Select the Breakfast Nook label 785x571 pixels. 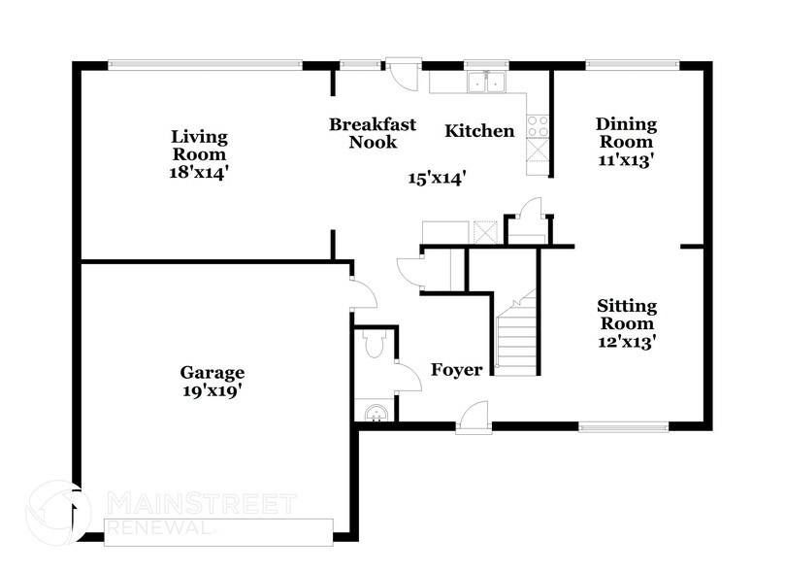pos(373,133)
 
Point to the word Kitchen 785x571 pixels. pos(479,131)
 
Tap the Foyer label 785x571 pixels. pos(457,370)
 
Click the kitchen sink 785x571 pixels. pos(485,84)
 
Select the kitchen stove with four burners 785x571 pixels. pos(538,125)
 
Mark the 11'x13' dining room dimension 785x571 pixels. pos(626,160)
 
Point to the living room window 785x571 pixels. pos(204,65)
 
